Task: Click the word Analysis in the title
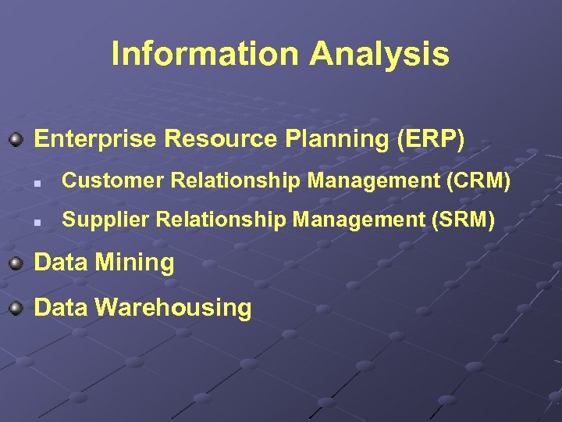click(x=379, y=54)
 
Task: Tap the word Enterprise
click(x=95, y=139)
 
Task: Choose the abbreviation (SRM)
click(x=463, y=220)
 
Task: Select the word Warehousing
click(x=173, y=307)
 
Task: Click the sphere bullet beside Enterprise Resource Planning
click(x=16, y=140)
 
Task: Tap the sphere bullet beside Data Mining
click(x=16, y=263)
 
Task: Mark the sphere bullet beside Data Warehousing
click(x=16, y=307)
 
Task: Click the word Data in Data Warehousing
click(x=61, y=307)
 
